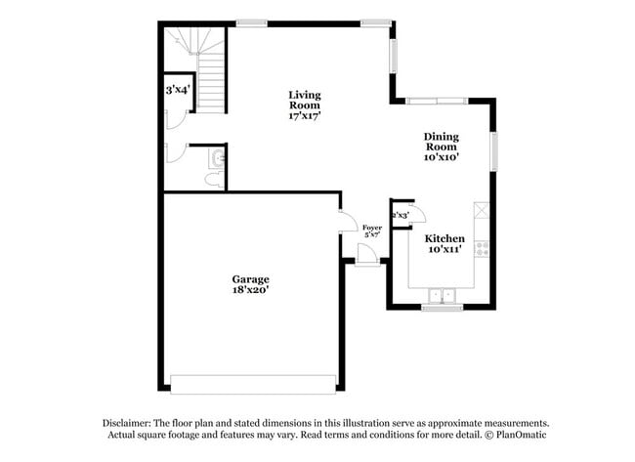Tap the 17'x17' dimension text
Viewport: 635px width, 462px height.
click(x=305, y=115)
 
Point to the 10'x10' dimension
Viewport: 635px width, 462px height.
click(x=441, y=155)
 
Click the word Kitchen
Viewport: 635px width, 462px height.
click(x=444, y=237)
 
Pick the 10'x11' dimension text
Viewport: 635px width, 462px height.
click(x=444, y=249)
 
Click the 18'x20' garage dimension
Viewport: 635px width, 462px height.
click(x=249, y=290)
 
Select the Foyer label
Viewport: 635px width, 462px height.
click(x=372, y=227)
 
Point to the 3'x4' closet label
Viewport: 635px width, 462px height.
click(x=178, y=89)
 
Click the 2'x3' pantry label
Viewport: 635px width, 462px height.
click(x=400, y=215)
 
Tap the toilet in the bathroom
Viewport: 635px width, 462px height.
click(x=214, y=180)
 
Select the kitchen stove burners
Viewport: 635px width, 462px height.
click(x=481, y=248)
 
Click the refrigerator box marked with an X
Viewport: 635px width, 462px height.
click(x=481, y=210)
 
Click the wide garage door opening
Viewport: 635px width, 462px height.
click(x=254, y=382)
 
